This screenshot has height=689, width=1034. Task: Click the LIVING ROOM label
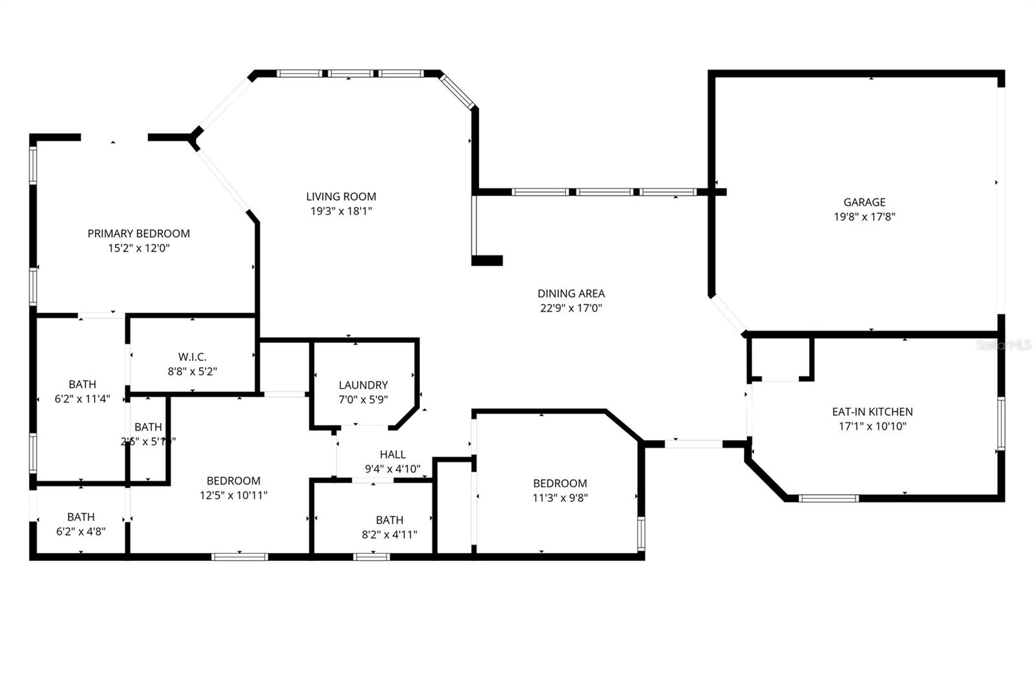tap(341, 196)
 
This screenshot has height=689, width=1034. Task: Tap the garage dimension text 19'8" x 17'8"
tap(864, 217)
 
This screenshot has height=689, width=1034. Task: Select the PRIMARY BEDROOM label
tap(138, 234)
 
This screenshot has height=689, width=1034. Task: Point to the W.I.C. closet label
tap(192, 357)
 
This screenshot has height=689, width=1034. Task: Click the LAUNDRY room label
tap(363, 385)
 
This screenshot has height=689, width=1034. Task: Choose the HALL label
tap(392, 455)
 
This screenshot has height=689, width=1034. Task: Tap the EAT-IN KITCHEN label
tap(872, 411)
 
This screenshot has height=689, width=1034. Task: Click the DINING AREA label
tap(571, 294)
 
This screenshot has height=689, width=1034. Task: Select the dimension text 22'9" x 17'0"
tap(571, 309)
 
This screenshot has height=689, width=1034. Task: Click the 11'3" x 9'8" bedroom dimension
tap(560, 498)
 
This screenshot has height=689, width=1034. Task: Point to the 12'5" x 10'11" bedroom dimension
tap(233, 496)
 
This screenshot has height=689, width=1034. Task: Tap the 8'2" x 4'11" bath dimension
tap(389, 534)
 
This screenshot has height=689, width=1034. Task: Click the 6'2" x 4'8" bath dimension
tap(81, 532)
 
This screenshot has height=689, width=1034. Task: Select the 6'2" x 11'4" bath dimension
tap(82, 399)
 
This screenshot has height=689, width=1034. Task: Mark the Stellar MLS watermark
tap(1004, 345)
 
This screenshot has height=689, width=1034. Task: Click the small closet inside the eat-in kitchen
tap(779, 358)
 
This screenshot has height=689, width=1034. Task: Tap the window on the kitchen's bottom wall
tap(828, 498)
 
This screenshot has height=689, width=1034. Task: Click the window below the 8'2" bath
tap(372, 556)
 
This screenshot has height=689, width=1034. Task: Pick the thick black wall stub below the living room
tap(487, 261)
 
